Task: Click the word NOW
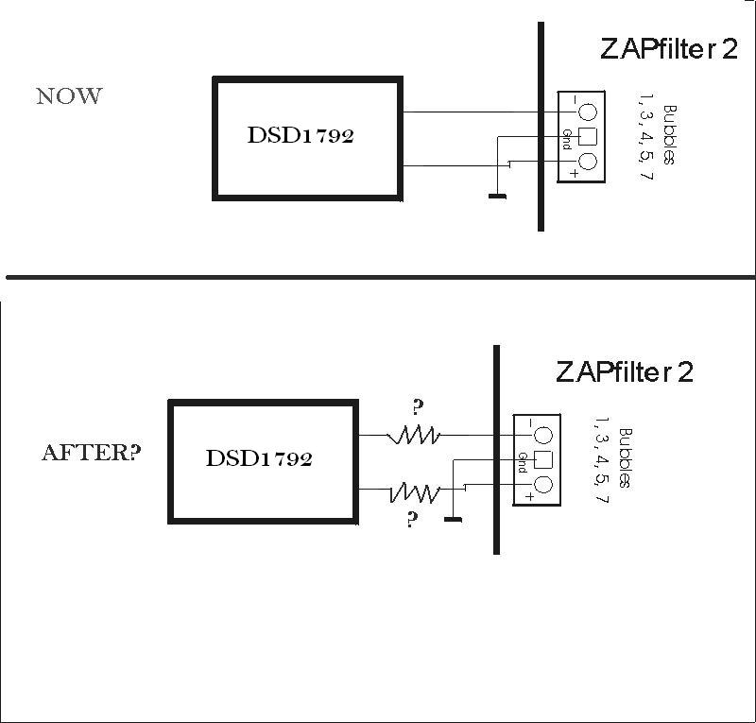[69, 96]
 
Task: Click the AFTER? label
[92, 452]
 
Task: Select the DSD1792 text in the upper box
[301, 135]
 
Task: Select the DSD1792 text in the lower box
[259, 459]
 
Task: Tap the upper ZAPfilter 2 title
[668, 50]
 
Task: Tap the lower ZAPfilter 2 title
[625, 371]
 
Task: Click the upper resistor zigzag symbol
[413, 435]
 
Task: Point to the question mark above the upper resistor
[417, 408]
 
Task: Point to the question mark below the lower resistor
[412, 520]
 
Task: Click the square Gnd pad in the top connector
[587, 136]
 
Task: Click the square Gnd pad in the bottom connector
[542, 460]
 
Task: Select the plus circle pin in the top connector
[587, 163]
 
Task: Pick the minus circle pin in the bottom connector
[542, 436]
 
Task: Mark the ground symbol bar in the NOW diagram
[496, 197]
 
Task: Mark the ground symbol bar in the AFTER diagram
[453, 519]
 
